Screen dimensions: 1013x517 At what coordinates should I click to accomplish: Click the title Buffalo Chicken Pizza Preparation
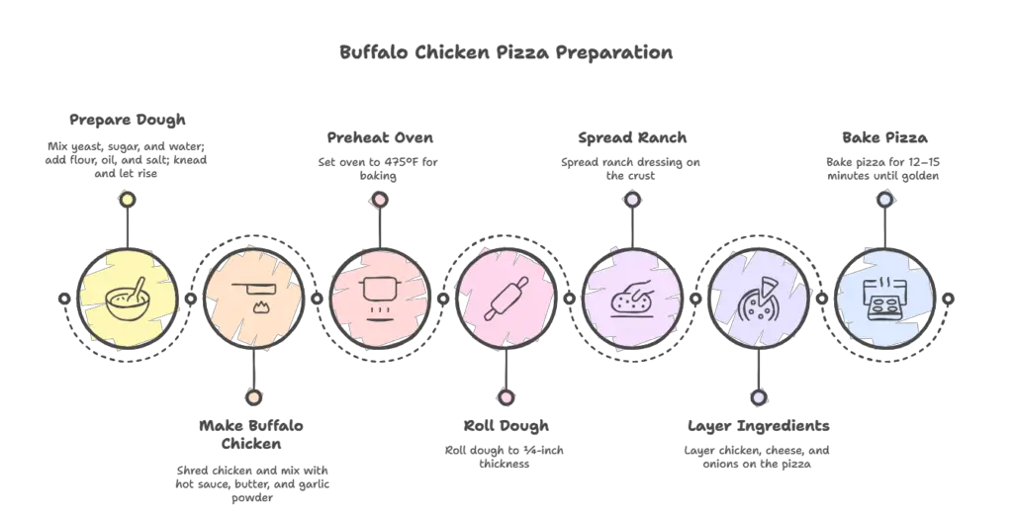click(506, 52)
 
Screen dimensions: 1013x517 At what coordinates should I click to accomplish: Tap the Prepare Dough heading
click(128, 120)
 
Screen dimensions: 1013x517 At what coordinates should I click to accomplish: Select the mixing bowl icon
click(128, 299)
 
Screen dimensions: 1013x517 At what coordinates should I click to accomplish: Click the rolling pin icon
click(506, 299)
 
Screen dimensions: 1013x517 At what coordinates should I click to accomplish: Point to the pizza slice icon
click(759, 299)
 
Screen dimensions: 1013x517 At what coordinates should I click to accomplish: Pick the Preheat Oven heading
click(380, 137)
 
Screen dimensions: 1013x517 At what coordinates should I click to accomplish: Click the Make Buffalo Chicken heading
click(251, 434)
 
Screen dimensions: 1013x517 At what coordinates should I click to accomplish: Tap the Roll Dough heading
click(506, 426)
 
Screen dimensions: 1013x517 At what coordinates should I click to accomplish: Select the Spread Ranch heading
click(632, 137)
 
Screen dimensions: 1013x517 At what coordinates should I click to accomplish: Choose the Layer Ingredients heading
click(759, 426)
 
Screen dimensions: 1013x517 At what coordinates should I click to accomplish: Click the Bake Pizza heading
click(884, 137)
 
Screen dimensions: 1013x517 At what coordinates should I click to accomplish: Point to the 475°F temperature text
click(402, 162)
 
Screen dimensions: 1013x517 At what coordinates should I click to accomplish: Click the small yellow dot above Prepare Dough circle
click(128, 200)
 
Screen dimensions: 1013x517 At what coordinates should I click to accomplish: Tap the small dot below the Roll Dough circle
click(506, 397)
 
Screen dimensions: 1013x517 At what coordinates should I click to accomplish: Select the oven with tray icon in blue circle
click(884, 299)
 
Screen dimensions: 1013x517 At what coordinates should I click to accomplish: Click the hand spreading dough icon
click(632, 299)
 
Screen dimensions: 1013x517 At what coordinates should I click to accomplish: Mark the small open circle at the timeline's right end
click(948, 299)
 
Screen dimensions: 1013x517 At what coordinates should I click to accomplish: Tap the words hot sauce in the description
click(203, 484)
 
